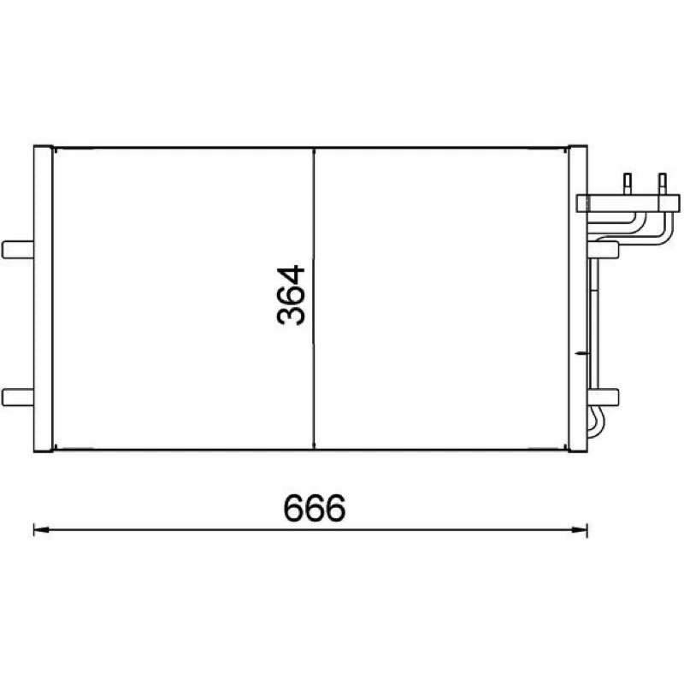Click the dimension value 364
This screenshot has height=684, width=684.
point(291,295)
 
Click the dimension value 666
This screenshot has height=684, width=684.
point(314,508)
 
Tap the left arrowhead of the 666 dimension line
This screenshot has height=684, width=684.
point(41,529)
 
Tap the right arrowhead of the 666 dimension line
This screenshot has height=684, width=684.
point(580,529)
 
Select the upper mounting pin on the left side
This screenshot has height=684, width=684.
point(18,250)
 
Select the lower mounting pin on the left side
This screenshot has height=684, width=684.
point(18,398)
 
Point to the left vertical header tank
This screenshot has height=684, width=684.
point(44,298)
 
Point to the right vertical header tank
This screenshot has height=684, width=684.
point(578,298)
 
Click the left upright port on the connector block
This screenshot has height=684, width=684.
point(628,184)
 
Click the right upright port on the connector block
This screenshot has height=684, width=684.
point(663,184)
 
